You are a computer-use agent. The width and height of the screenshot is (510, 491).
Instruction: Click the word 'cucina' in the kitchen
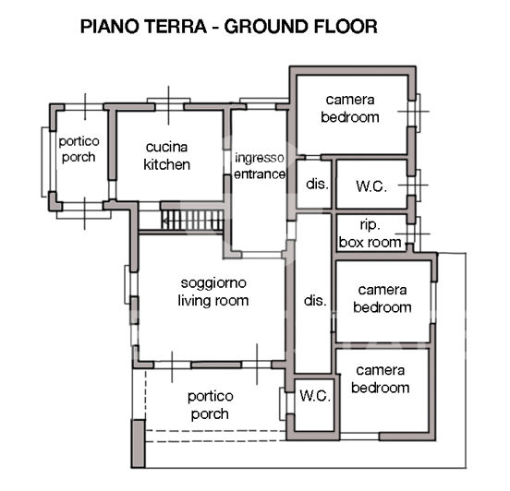166,148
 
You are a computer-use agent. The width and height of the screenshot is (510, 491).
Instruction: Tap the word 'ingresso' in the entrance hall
259,157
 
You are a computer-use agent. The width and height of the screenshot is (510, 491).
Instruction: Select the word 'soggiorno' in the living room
213,283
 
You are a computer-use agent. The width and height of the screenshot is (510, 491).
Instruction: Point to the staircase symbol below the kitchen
193,221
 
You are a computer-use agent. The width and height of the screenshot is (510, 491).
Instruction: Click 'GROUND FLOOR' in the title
302,27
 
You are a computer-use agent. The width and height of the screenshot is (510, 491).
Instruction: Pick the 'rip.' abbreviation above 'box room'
370,226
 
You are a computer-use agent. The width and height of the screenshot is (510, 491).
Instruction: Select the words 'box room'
370,243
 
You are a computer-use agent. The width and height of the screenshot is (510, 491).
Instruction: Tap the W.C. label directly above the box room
370,185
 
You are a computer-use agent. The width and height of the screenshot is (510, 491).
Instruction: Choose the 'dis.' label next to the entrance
317,184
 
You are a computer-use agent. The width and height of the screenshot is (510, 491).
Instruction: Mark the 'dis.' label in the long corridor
315,300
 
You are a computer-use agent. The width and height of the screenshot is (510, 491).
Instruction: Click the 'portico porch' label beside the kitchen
78,149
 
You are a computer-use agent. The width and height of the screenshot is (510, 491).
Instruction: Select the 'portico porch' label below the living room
211,405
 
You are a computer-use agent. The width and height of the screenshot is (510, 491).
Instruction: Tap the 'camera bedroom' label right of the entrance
350,108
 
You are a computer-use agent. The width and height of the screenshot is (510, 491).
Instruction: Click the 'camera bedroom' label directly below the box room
382,298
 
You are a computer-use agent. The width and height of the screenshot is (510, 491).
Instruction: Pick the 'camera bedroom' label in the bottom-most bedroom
380,379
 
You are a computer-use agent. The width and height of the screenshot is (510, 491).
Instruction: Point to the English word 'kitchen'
166,165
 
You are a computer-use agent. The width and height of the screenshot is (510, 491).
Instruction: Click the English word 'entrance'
259,174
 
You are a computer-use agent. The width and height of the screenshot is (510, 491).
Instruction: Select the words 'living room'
213,301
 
